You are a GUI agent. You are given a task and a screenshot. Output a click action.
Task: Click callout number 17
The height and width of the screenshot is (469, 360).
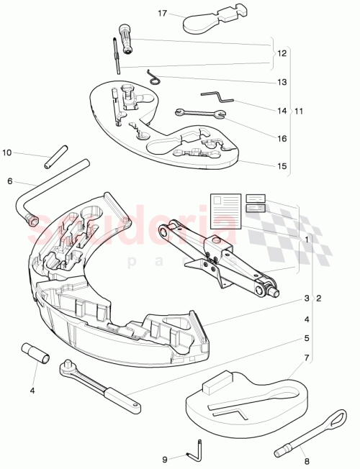162,14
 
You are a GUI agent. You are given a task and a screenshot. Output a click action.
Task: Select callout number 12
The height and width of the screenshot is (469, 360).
282,54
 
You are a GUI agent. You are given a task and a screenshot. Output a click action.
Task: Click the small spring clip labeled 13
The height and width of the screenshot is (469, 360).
152,76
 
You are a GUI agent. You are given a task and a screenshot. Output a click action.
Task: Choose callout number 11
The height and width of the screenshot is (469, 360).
300,111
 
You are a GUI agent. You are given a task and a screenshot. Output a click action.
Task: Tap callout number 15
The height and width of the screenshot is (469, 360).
282,165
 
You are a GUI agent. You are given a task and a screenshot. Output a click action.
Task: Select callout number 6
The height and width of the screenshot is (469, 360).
10,181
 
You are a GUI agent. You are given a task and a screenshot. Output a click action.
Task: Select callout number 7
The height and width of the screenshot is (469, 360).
307,358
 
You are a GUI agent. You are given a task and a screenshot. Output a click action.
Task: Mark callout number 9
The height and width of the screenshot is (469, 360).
165,459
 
